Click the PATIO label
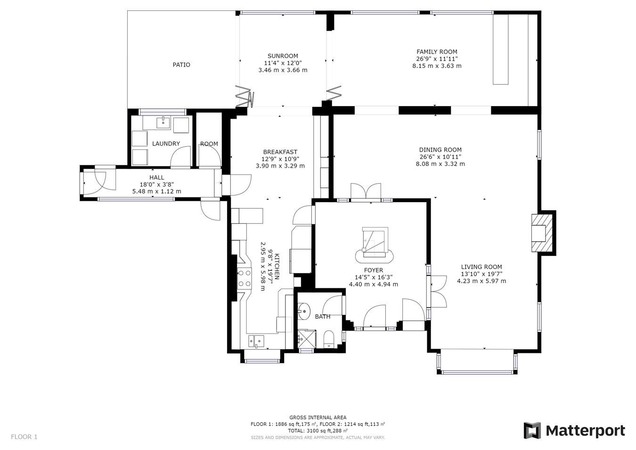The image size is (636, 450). click(x=181, y=65)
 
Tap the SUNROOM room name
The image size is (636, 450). click(x=283, y=56)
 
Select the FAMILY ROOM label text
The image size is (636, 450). click(x=437, y=52)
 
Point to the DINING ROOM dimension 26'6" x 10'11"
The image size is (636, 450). click(x=440, y=157)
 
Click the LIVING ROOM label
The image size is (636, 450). click(x=481, y=267)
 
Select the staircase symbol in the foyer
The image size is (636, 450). click(x=375, y=244)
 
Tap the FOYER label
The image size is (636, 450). click(x=373, y=270)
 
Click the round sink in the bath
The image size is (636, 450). click(x=304, y=311)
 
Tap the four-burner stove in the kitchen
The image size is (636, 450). click(x=244, y=278)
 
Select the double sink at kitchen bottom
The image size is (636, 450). click(x=256, y=340)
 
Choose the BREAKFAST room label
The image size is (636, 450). click(x=280, y=152)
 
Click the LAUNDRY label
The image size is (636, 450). click(x=166, y=144)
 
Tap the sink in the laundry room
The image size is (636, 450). click(x=163, y=123)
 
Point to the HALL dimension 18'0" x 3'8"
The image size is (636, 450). click(x=157, y=185)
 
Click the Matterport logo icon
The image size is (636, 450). click(x=532, y=431)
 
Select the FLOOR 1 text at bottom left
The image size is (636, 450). click(x=24, y=437)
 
